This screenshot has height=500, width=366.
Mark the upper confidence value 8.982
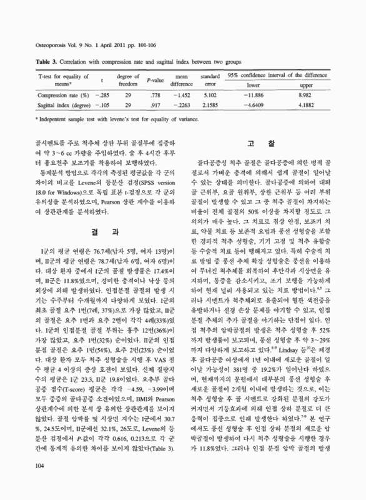pyautogui.click(x=305, y=96)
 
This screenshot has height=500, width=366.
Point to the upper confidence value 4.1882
pyautogui.click(x=305, y=105)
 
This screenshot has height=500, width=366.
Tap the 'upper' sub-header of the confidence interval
pyautogui.click(x=305, y=84)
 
